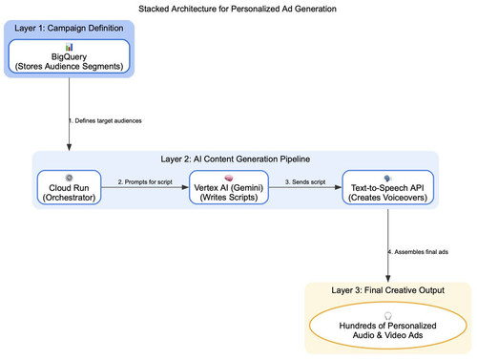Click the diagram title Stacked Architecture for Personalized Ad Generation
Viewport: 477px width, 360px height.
pyautogui.click(x=238, y=9)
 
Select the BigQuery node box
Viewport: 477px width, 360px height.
pyautogui.click(x=69, y=56)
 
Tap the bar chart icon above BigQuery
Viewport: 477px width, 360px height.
pyautogui.click(x=69, y=47)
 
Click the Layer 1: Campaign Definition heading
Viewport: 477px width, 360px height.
pyautogui.click(x=69, y=28)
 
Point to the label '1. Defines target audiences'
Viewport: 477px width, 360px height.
pyautogui.click(x=105, y=120)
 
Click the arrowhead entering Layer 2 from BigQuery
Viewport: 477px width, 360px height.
pyautogui.click(x=69, y=147)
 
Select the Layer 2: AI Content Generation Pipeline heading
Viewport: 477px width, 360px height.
pyautogui.click(x=236, y=159)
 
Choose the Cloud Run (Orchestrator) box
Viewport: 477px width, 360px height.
pyautogui.click(x=69, y=187)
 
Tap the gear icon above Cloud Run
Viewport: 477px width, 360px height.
pyautogui.click(x=69, y=178)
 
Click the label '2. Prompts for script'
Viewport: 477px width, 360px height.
pyautogui.click(x=145, y=181)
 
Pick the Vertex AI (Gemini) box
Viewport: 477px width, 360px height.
pyautogui.click(x=229, y=187)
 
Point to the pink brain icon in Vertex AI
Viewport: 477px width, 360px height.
pyautogui.click(x=229, y=178)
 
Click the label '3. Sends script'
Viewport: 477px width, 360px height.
pyautogui.click(x=305, y=181)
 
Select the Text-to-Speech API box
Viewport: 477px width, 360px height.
pyautogui.click(x=387, y=187)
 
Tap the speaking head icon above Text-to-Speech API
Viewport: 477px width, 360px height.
pyautogui.click(x=387, y=179)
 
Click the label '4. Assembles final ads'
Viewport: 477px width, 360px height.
pyautogui.click(x=418, y=252)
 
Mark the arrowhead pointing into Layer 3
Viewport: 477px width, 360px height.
pyautogui.click(x=388, y=279)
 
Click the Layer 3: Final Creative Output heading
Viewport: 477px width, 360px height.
pyautogui.click(x=388, y=290)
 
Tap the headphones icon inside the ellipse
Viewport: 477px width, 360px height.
pyautogui.click(x=388, y=316)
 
